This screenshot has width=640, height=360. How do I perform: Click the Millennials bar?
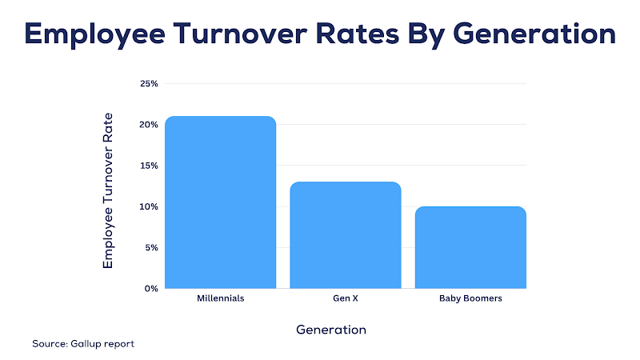coord(220,202)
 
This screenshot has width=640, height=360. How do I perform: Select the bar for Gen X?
coord(345,235)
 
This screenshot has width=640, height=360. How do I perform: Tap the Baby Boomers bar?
coord(470,247)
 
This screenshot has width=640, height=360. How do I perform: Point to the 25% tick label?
coord(149,83)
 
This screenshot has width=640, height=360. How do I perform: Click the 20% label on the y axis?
coord(149,125)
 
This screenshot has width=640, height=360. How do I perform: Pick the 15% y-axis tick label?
coord(149,166)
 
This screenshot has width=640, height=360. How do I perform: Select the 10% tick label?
coord(149,206)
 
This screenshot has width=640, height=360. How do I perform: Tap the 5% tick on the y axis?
coord(151,247)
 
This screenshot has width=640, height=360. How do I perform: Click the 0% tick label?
coord(151,288)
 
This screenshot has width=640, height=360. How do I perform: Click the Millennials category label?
coord(220,299)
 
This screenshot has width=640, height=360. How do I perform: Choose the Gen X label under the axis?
coord(345,299)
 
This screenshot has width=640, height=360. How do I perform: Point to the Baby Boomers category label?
coord(470,299)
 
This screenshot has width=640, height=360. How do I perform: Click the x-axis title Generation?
coord(331,330)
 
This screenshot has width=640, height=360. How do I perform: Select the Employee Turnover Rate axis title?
coord(109,190)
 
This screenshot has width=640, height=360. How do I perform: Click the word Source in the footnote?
coord(49,344)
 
